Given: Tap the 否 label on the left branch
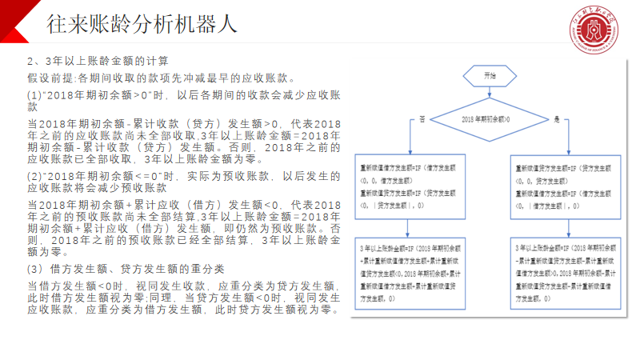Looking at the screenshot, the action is pos(422,119).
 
